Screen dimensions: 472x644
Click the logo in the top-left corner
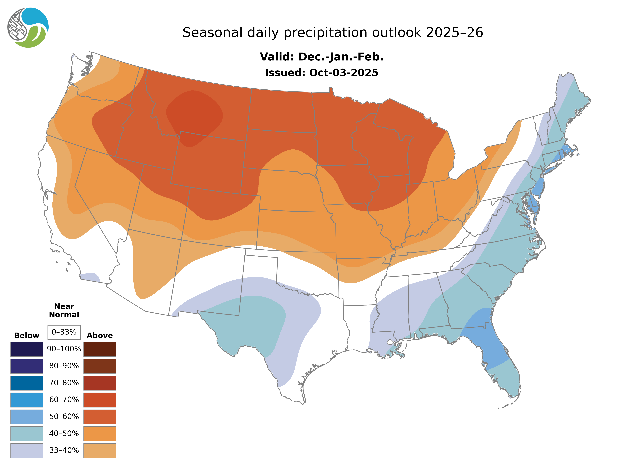tap(28, 27)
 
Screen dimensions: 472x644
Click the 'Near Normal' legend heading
tap(64, 311)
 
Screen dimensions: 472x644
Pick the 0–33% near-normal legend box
tap(64, 332)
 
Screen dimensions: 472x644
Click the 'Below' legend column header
tap(27, 335)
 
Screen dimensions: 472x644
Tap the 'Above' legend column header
tap(100, 335)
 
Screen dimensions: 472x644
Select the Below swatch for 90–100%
tap(27, 349)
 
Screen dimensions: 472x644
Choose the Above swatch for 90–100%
tap(100, 349)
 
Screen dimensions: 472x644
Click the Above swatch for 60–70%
tap(100, 400)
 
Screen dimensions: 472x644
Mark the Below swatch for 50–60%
tap(27, 417)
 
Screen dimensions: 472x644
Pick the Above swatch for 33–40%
tap(100, 450)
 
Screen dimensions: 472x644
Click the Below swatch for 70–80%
tap(27, 383)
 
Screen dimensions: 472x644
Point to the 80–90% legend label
tap(64, 366)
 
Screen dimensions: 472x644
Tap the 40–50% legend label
tap(64, 433)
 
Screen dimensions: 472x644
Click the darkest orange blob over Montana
tap(194, 114)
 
